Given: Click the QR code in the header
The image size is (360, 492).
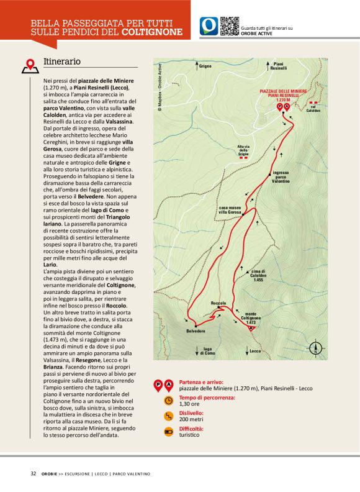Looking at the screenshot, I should click(x=230, y=25).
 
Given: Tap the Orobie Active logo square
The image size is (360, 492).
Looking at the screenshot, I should click(x=209, y=25).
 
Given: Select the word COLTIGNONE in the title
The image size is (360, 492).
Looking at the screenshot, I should click(x=152, y=31).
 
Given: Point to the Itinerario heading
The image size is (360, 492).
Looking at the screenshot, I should click(x=62, y=62).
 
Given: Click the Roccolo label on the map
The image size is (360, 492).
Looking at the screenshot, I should click(x=218, y=303).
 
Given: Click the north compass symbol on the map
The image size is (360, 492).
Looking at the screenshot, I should click(x=317, y=348).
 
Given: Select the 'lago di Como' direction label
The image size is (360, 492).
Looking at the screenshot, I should click(x=208, y=352).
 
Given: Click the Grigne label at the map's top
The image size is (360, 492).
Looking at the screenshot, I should click(x=205, y=65).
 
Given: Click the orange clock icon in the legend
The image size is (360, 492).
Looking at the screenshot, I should click(x=168, y=400).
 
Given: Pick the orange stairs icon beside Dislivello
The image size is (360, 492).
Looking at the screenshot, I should click(x=168, y=416).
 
